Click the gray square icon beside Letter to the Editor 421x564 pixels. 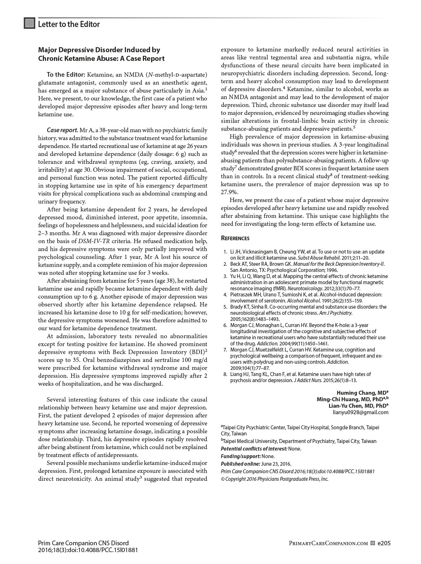click(30, 23)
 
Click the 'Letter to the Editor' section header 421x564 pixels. click(69, 24)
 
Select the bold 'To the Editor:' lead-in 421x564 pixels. click(65, 75)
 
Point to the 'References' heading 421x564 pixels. click(235, 238)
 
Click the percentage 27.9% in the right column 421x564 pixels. click(229, 192)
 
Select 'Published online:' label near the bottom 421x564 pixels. click(240, 464)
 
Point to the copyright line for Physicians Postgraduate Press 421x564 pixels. click(275, 479)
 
